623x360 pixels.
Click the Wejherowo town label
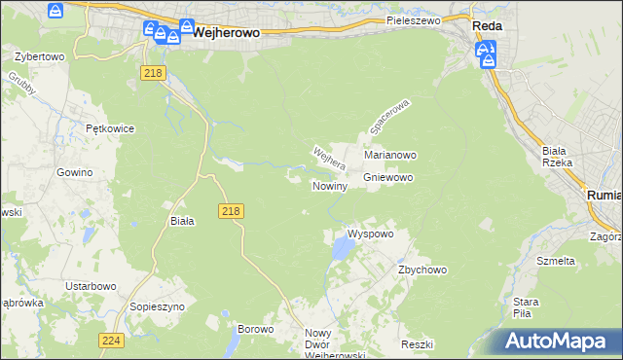click(227, 32)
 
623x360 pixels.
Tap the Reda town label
click(487, 27)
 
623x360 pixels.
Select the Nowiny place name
click(330, 186)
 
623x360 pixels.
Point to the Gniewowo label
click(389, 178)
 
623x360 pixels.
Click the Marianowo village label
click(390, 155)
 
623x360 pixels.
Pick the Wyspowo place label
click(370, 234)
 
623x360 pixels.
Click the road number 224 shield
click(111, 340)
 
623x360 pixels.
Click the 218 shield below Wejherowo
click(151, 73)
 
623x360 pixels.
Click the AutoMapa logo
click(560, 342)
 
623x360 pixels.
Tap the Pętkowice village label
click(109, 128)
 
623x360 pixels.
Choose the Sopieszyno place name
click(156, 306)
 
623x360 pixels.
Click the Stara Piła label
click(527, 307)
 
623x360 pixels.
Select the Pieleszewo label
click(413, 19)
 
